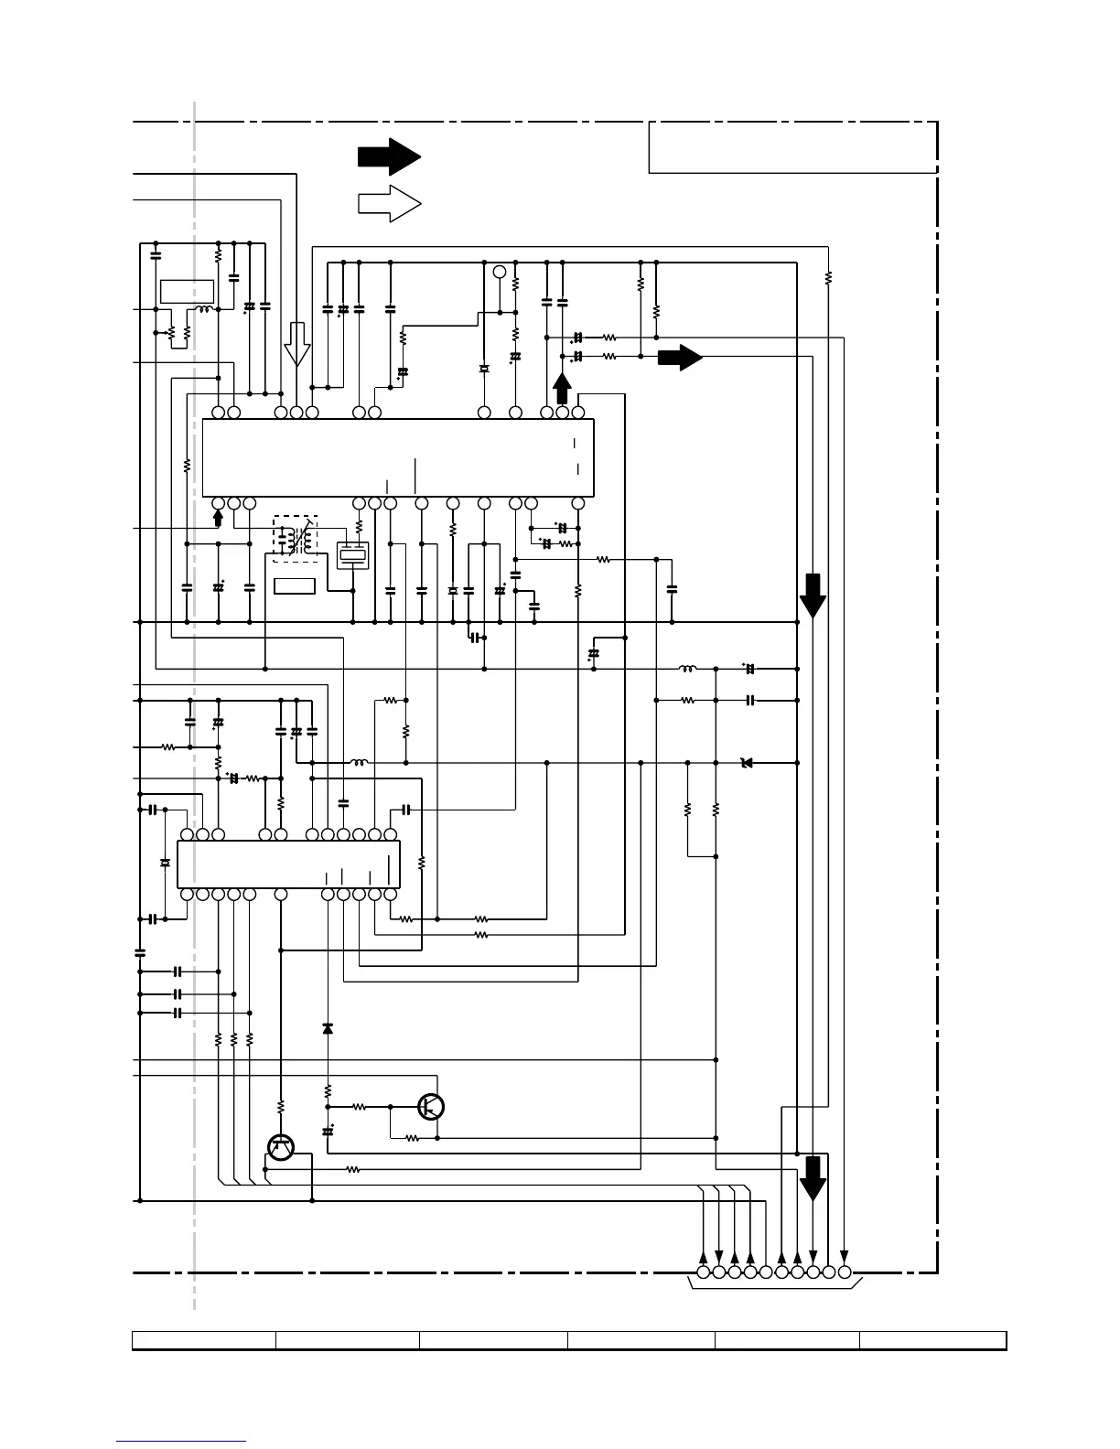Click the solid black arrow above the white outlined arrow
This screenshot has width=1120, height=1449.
tap(388, 156)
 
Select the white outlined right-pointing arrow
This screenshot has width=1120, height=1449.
tap(388, 203)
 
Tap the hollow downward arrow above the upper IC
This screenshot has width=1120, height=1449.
tap(296, 344)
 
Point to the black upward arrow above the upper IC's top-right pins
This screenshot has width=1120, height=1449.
tap(562, 388)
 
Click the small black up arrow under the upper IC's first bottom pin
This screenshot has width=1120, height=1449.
tap(218, 519)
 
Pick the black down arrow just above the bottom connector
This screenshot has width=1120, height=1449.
tap(813, 1178)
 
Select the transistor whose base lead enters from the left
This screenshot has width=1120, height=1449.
tap(431, 1106)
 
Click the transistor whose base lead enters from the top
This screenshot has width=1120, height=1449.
tap(281, 1147)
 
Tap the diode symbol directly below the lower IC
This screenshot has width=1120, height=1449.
tap(328, 1028)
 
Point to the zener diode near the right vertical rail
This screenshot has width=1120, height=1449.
tap(747, 762)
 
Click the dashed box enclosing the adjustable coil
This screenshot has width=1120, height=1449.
tap(296, 539)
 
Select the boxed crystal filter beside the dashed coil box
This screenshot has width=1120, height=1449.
tap(352, 554)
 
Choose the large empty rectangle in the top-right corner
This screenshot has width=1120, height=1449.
tap(792, 147)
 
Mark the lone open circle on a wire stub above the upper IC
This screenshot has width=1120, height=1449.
tap(500, 272)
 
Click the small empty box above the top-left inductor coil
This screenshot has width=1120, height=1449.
tap(187, 292)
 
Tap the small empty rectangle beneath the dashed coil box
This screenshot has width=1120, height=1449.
tap(295, 585)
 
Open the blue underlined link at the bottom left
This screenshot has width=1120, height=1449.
tap(181, 1443)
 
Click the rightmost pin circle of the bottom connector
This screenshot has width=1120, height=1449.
tap(844, 1272)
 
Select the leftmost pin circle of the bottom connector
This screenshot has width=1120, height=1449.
tap(703, 1272)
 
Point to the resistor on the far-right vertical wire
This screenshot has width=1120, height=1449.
tap(828, 276)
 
